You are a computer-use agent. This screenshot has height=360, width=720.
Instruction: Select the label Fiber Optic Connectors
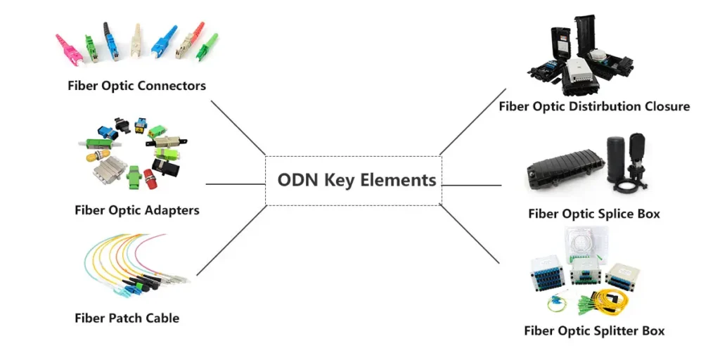(x=137, y=86)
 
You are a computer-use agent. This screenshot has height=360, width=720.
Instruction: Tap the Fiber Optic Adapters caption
(x=137, y=210)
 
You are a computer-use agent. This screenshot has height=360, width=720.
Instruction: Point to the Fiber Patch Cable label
(x=127, y=318)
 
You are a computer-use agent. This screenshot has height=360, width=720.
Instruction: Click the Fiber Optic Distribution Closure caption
(x=594, y=107)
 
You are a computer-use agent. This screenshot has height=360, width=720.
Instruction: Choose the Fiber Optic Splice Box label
(x=594, y=214)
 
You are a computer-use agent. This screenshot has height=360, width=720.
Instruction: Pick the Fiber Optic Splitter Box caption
(x=594, y=330)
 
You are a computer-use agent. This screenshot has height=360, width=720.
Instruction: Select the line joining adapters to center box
(x=235, y=185)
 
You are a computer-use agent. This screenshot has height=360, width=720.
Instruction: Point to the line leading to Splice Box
(x=471, y=186)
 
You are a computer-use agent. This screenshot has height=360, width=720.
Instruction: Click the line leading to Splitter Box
(x=470, y=233)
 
